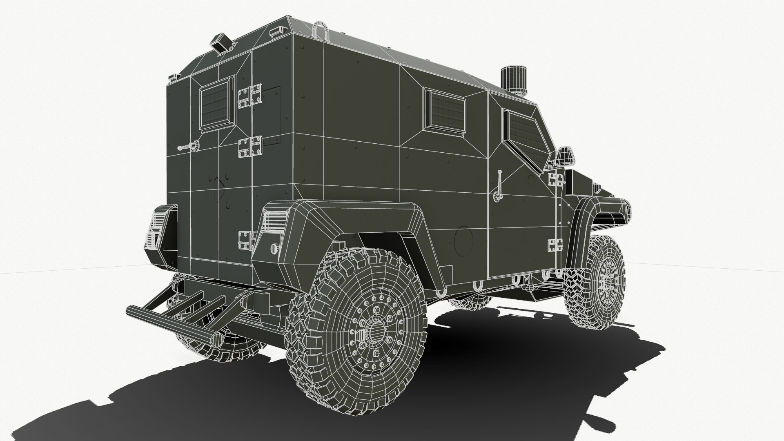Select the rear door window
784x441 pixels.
(x=215, y=103)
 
